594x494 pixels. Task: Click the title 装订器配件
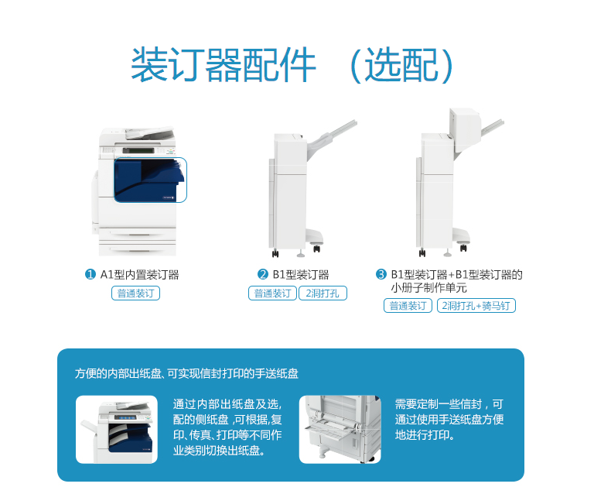click(224, 65)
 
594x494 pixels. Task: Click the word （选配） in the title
click(401, 65)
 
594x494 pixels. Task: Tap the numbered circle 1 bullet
click(90, 274)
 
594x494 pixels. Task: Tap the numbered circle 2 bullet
click(263, 274)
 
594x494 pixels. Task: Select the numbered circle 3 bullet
click(381, 274)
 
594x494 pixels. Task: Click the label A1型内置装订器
click(139, 274)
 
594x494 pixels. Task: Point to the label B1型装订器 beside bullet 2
click(301, 274)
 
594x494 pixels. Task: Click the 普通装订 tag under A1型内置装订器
click(135, 293)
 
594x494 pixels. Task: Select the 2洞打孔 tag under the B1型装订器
click(323, 293)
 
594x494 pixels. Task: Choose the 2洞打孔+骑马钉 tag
click(476, 306)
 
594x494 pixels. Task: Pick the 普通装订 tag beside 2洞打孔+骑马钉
click(408, 306)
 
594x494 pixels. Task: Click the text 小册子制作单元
click(428, 288)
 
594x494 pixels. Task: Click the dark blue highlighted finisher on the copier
click(150, 180)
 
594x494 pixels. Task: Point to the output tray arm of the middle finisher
click(332, 138)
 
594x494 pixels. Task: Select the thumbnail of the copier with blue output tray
click(117, 430)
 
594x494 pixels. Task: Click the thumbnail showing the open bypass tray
click(340, 430)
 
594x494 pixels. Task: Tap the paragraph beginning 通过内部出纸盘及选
click(227, 427)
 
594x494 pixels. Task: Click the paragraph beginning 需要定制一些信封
click(449, 420)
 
